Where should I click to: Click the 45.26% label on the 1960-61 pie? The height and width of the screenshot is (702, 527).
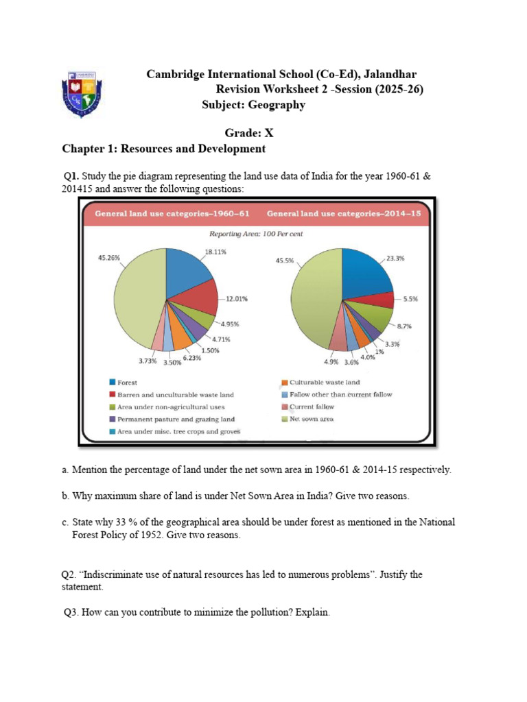coord(110,258)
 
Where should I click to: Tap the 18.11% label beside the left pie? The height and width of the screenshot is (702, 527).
coord(215,252)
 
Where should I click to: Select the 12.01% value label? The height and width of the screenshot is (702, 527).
coord(237,299)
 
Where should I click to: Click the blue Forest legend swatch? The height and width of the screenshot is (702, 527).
coord(112,383)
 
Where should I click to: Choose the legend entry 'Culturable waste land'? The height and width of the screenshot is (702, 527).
coord(325,383)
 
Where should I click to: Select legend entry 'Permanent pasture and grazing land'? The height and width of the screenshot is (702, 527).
coord(176,419)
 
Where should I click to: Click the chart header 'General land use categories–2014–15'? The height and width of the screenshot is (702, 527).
coord(344,213)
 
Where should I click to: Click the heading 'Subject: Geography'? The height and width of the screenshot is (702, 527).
coord(254,105)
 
